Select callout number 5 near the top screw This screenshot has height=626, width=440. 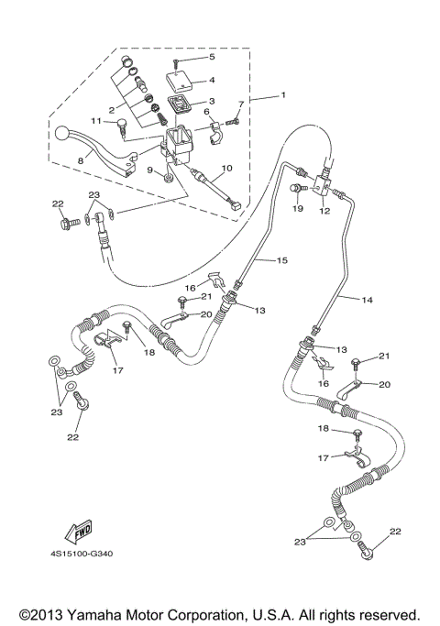212,57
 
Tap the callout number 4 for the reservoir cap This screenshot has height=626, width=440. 212,80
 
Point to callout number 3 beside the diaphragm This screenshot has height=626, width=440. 212,102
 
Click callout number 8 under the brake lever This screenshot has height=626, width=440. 81,159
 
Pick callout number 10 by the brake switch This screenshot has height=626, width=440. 227,169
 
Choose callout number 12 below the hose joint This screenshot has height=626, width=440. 324,210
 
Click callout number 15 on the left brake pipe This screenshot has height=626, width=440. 282,261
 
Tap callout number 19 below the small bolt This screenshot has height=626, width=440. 298,210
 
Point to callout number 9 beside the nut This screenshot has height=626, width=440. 149,170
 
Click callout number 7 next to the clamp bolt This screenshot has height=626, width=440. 242,104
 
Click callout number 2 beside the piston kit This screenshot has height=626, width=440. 111,110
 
